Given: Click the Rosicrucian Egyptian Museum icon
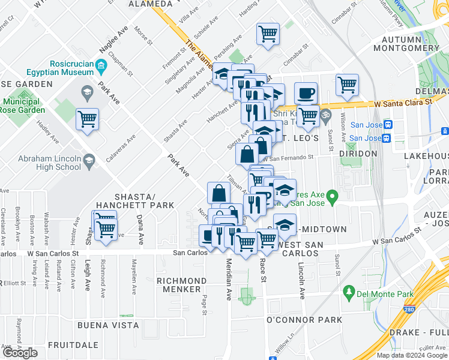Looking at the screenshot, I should [101, 65].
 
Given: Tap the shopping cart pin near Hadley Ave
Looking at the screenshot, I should [88, 119].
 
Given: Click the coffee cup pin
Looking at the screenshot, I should [306, 92].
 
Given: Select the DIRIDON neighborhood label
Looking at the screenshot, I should [358, 154].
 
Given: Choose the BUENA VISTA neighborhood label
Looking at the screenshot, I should [108, 325].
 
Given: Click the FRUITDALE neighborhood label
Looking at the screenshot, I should [73, 345].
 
